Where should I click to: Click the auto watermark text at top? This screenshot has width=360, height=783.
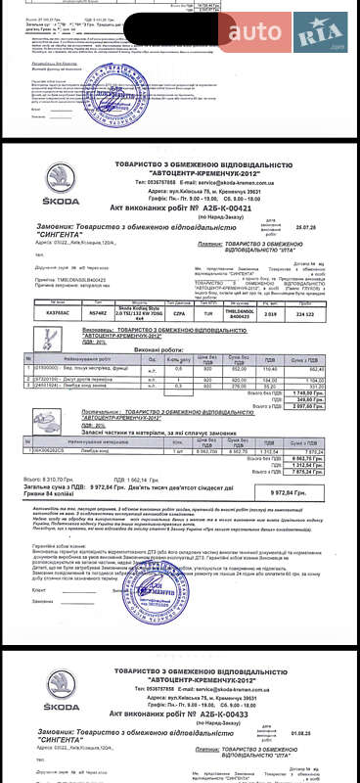255,32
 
